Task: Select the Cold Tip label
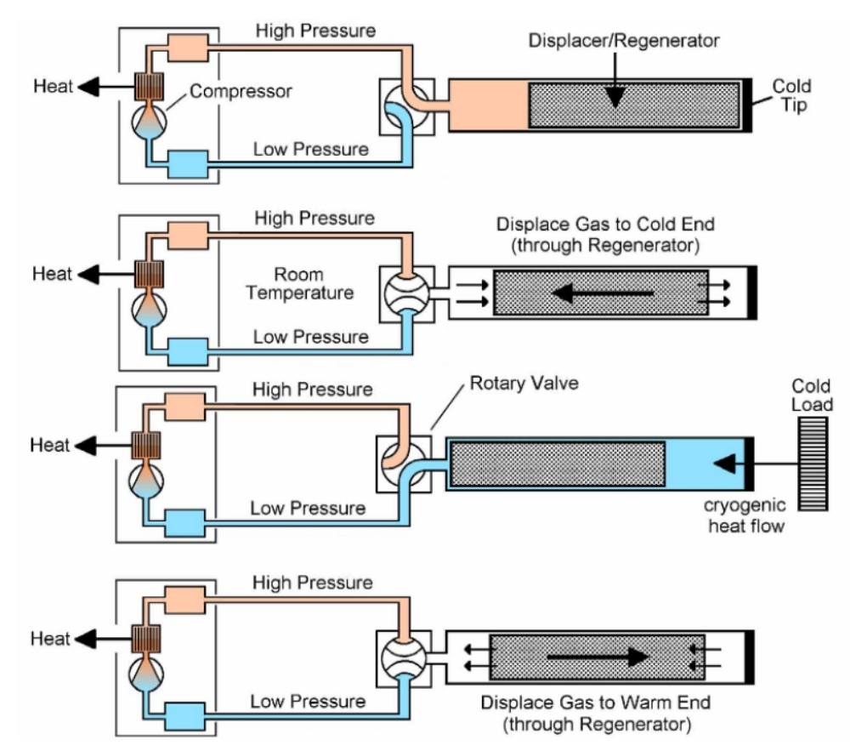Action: point(791,95)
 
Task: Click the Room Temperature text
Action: point(314,285)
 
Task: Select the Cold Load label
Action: point(813,395)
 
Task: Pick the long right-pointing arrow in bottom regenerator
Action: point(596,657)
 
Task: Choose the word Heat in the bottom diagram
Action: point(51,638)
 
